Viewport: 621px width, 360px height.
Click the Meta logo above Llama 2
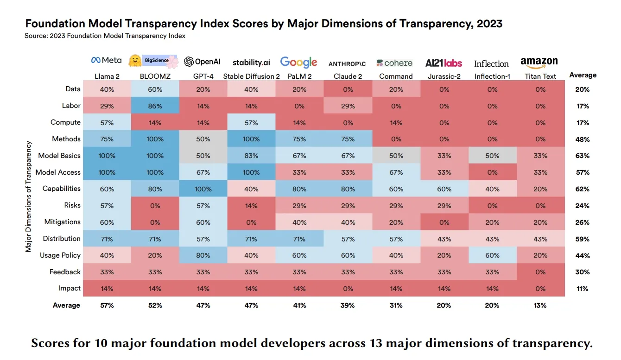point(107,60)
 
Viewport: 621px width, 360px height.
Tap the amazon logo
point(539,62)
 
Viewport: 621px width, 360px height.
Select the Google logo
point(299,62)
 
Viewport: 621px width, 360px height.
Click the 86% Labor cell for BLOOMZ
point(155,106)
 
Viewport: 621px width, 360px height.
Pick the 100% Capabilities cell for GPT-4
point(203,189)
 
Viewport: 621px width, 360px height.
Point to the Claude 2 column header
point(348,76)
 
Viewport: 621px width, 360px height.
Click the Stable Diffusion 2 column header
point(251,76)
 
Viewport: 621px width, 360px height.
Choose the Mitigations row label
point(63,222)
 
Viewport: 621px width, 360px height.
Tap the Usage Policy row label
point(60,255)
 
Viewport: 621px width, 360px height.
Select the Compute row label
point(65,122)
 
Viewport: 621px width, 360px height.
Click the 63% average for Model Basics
point(583,156)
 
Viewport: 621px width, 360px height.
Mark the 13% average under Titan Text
point(540,305)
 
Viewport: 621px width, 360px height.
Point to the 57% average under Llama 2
point(107,305)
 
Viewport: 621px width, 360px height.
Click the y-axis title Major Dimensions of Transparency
point(29,196)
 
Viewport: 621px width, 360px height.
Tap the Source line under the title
point(105,36)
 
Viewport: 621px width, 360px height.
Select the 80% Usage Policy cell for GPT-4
point(203,256)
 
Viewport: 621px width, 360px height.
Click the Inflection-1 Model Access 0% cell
point(492,172)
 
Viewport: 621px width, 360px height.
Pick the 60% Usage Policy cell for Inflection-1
point(492,256)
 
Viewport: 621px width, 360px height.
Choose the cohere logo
point(394,63)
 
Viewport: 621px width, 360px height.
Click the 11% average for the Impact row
point(583,289)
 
